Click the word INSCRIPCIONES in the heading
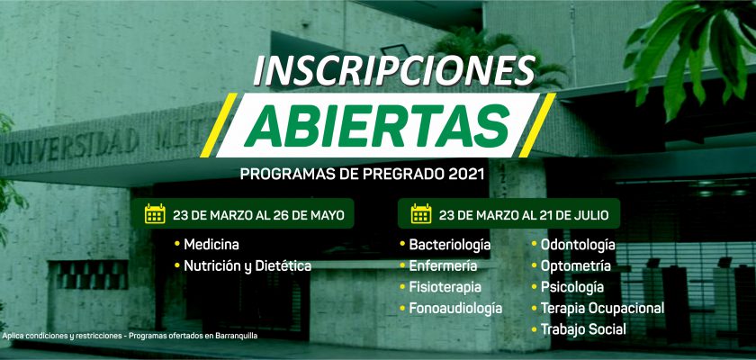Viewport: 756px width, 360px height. coord(394,71)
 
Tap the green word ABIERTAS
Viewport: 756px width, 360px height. coord(376,125)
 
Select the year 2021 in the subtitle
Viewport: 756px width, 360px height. coord(466,174)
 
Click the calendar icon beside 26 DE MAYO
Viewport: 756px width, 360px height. coord(155,214)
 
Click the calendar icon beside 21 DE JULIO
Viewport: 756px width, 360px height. coord(421,214)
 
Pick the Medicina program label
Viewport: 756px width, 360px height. coord(211,244)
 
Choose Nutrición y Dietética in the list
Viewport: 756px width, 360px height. coord(247,266)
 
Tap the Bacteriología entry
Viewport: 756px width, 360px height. coord(450,245)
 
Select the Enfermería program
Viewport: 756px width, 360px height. coord(443,265)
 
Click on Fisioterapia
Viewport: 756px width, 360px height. coord(445,287)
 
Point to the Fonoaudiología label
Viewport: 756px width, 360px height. coord(455,309)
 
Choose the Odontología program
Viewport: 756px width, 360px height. coord(578,245)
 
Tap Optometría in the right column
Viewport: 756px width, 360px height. coord(576,266)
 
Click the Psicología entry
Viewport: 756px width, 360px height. coord(571,288)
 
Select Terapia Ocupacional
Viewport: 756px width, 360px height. coord(602,309)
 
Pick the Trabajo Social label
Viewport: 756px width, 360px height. coord(583,329)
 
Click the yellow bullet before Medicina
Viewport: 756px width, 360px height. coord(177,244)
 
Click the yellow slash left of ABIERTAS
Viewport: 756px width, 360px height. coord(219,125)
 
